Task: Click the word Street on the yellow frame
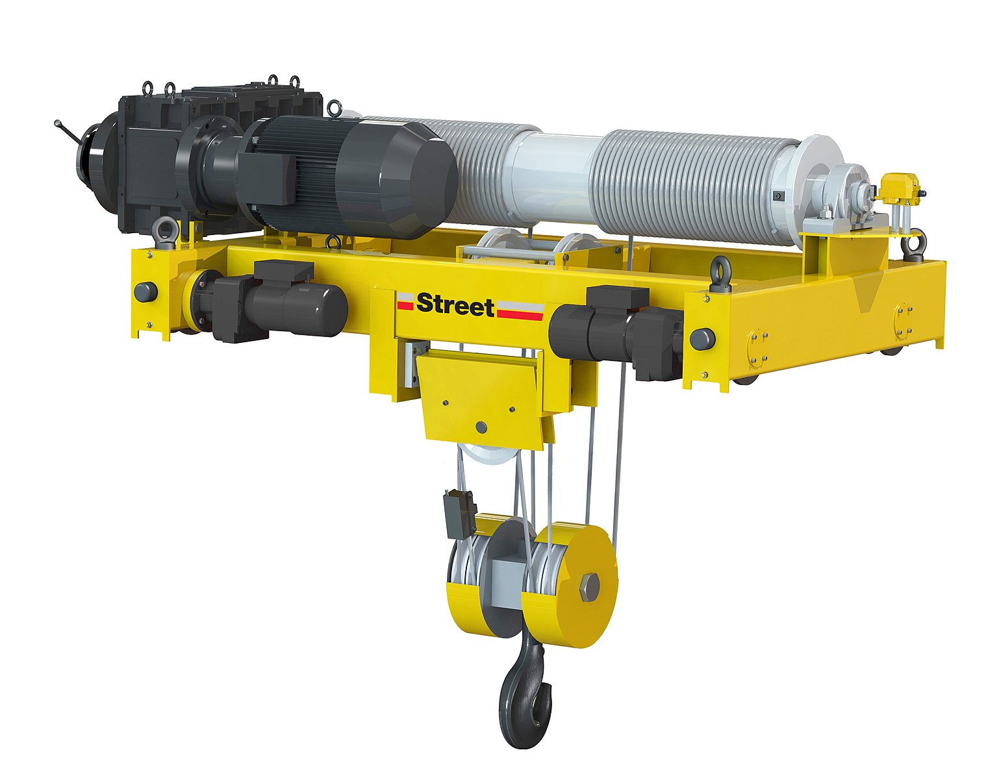point(455,306)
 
